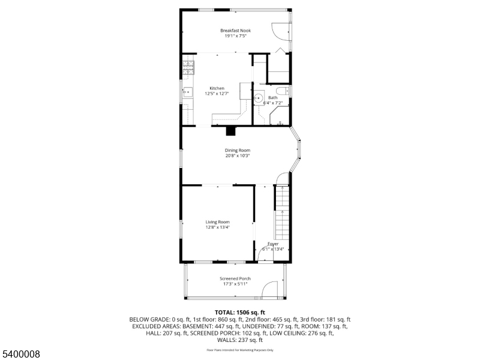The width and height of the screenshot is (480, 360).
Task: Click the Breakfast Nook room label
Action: click(235, 31)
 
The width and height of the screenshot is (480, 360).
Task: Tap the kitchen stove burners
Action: click(188, 67)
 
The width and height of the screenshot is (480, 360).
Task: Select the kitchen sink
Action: click(187, 92)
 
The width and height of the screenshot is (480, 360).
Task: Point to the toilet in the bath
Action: click(285, 91)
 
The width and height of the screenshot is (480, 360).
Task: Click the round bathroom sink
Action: click(259, 99)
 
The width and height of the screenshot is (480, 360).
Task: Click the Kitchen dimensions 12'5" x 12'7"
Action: click(217, 94)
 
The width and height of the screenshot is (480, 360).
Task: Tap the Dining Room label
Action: click(238, 150)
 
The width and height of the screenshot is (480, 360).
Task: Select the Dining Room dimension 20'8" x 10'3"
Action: click(238, 155)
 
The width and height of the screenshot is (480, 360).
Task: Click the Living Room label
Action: click(218, 221)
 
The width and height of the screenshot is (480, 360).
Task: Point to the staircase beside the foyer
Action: click(282, 216)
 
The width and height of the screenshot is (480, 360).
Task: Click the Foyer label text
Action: click(273, 244)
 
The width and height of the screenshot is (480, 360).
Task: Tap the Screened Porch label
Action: click(235, 278)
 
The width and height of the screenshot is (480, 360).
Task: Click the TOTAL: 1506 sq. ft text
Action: click(240, 312)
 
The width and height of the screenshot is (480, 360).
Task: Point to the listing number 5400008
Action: click(20, 354)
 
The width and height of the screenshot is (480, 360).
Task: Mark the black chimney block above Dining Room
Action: click(231, 131)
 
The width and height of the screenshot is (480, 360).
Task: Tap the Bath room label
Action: click(273, 97)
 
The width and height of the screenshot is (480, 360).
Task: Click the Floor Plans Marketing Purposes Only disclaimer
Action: click(240, 349)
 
